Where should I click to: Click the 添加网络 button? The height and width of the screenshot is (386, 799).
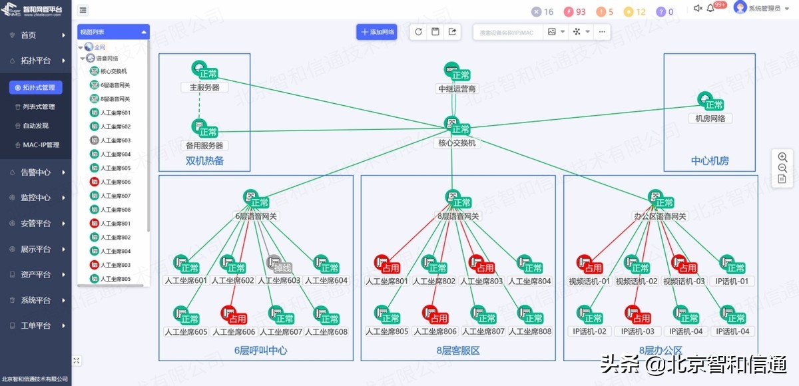coord(377,32)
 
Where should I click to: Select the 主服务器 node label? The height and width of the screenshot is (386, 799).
coord(204,87)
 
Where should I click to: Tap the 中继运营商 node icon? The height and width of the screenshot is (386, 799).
coord(453,71)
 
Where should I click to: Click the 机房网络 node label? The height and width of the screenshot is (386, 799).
coord(710,118)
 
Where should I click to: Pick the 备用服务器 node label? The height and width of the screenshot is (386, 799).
coord(204,145)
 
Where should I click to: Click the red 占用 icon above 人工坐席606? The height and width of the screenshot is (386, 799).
coord(229,313)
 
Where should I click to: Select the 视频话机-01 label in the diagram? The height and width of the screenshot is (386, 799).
coord(589,282)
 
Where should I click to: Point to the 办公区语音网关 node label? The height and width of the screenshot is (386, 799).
coord(659,216)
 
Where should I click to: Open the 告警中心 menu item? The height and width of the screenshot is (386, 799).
coord(36,172)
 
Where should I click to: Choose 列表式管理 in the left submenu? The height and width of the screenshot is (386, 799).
coord(39,106)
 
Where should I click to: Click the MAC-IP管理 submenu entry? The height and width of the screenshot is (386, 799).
coord(41,144)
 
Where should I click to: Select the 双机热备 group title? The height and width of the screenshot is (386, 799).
coord(204,161)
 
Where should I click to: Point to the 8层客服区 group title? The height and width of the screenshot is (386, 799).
coord(458,350)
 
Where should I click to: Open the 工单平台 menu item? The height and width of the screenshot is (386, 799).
coord(36,325)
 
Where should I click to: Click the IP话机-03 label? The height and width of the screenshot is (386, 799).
coord(638,331)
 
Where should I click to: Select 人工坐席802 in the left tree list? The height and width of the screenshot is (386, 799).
coord(115,238)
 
